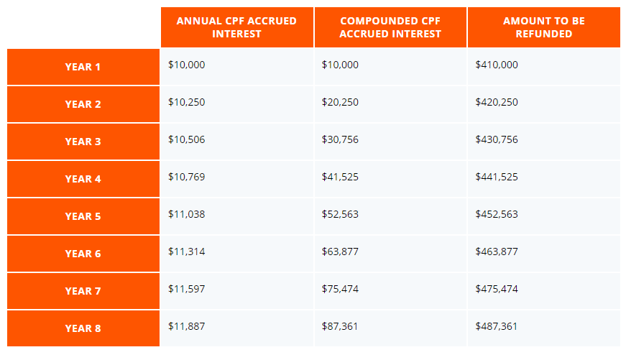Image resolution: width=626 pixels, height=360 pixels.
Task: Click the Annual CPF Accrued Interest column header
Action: pyautogui.click(x=236, y=27)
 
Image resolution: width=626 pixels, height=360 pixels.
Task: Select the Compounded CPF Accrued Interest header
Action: pyautogui.click(x=390, y=27)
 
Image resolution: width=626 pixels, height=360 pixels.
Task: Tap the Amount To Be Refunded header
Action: pyautogui.click(x=543, y=27)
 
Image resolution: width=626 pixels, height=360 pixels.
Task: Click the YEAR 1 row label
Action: pyautogui.click(x=83, y=67)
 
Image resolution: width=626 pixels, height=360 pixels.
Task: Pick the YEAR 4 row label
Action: pyautogui.click(x=83, y=179)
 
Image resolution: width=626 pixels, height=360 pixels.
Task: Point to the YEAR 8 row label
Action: pyautogui.click(x=83, y=328)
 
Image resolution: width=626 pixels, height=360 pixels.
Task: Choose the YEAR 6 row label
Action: pyautogui.click(x=83, y=254)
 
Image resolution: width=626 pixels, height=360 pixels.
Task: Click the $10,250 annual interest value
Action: pyautogui.click(x=187, y=102)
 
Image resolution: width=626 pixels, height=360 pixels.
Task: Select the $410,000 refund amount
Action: pyautogui.click(x=497, y=65)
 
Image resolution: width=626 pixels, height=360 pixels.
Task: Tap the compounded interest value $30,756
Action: pyautogui.click(x=340, y=139)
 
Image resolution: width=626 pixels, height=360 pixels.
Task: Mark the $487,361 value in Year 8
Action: pyautogui.click(x=497, y=326)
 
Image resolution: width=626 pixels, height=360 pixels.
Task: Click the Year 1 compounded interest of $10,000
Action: pyautogui.click(x=340, y=65)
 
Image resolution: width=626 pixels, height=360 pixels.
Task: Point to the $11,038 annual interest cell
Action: pyautogui.click(x=187, y=214)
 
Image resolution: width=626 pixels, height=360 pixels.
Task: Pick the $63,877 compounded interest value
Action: pyautogui.click(x=340, y=251)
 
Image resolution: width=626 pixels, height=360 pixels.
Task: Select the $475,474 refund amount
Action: pyautogui.click(x=497, y=289)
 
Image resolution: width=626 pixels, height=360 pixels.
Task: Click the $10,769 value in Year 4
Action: pyautogui.click(x=187, y=177)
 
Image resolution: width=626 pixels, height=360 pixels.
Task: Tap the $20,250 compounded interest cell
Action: pyautogui.click(x=340, y=102)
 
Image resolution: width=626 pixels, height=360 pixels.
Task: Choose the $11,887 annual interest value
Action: pyautogui.click(x=187, y=326)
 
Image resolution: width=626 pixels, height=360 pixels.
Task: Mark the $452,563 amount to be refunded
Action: pyautogui.click(x=497, y=214)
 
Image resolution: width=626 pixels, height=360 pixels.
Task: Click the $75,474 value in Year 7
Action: pyautogui.click(x=340, y=289)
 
